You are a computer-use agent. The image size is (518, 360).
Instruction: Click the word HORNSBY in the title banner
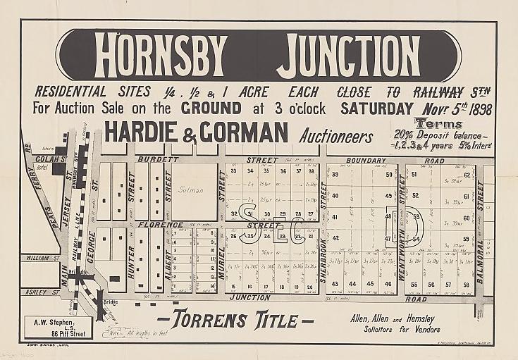[161, 55]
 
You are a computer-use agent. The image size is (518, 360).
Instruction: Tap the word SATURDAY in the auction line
[376, 108]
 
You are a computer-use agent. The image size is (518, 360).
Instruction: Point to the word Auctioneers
[335, 135]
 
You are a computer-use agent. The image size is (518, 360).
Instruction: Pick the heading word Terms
[438, 123]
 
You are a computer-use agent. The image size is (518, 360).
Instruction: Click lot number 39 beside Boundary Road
[336, 175]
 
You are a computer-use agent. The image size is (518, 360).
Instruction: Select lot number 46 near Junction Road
[387, 284]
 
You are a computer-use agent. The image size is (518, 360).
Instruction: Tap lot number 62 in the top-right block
[467, 175]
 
